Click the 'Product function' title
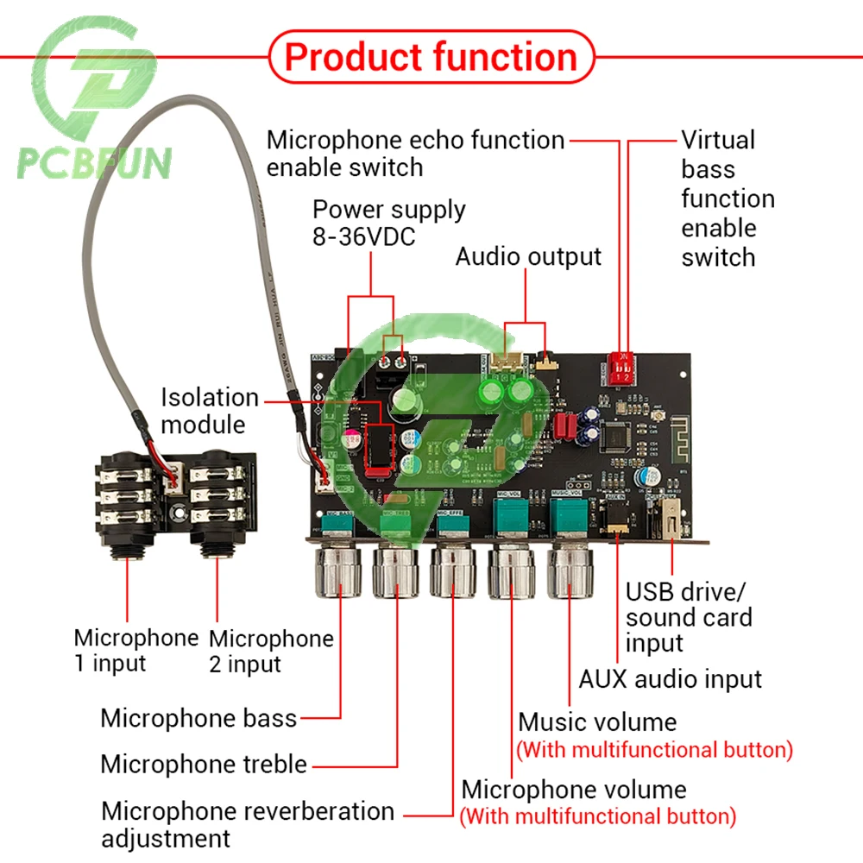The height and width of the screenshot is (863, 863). [x=431, y=58]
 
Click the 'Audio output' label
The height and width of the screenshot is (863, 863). [x=528, y=256]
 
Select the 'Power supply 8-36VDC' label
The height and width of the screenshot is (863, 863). [x=388, y=223]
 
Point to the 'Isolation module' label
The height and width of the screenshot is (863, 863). [x=210, y=411]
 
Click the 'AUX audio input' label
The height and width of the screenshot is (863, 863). [x=671, y=679]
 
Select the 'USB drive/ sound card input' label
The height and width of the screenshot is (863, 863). [x=689, y=617]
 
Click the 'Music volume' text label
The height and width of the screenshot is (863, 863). [x=597, y=721]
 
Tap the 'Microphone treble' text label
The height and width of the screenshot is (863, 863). [x=204, y=764]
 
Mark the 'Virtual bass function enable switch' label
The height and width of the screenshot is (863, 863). [x=728, y=198]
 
